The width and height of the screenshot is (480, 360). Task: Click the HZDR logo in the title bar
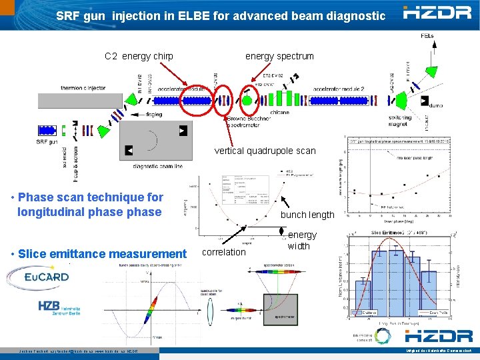pyautogui.click(x=437, y=13)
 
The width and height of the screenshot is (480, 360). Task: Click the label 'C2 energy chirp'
pyautogui.click(x=139, y=56)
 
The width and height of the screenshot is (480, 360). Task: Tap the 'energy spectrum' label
pyautogui.click(x=279, y=56)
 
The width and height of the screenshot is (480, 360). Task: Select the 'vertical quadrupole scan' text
pyautogui.click(x=265, y=151)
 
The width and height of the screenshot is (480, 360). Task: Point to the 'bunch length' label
pyautogui.click(x=307, y=215)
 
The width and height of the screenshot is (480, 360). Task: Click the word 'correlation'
pyautogui.click(x=223, y=252)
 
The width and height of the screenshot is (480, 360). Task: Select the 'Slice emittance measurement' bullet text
pyautogui.click(x=102, y=253)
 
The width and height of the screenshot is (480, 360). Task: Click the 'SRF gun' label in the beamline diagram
pyautogui.click(x=47, y=142)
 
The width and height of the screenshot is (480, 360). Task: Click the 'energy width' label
pyautogui.click(x=299, y=241)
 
